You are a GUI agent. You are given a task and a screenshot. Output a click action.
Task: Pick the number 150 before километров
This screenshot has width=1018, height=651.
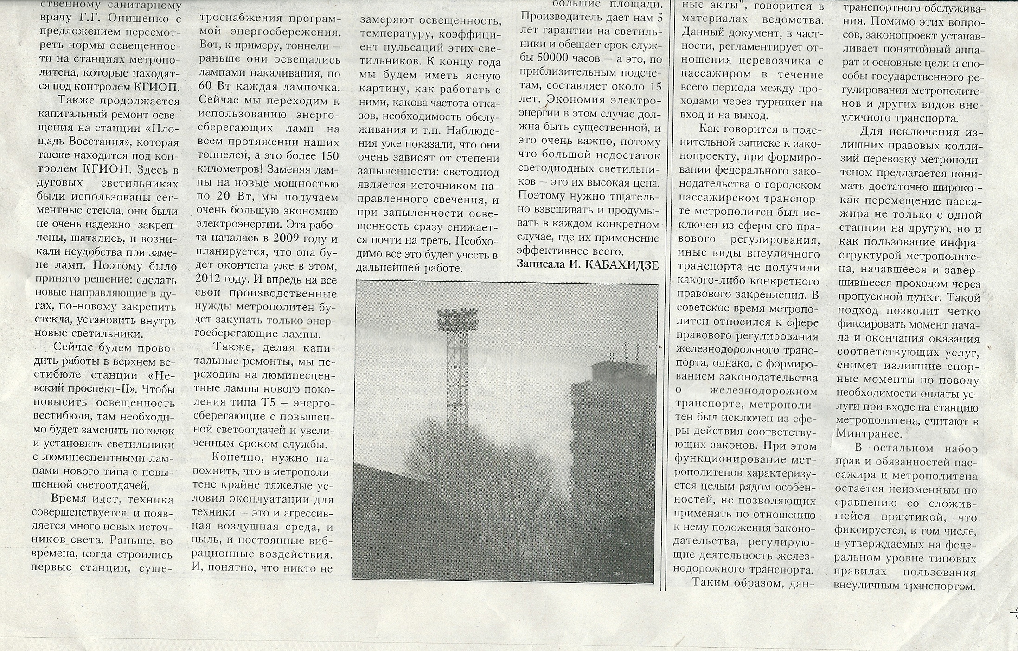tap(327, 156)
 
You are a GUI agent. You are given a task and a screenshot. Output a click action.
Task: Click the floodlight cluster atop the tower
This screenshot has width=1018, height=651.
tap(456, 316)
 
